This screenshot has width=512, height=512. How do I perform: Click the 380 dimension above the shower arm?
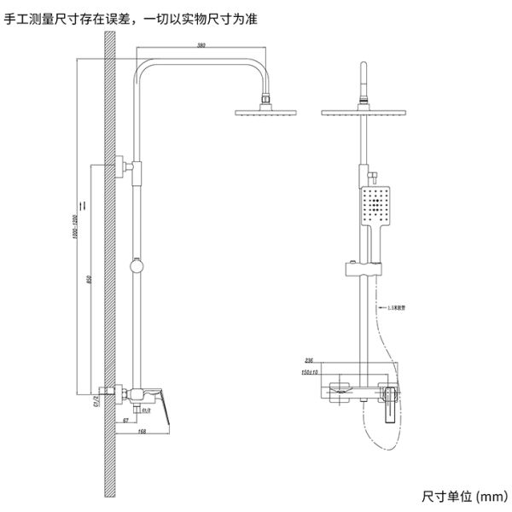[x=201, y=44]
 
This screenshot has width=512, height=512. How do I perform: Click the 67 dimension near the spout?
[x=125, y=421]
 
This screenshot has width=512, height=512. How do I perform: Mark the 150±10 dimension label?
[x=310, y=372]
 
